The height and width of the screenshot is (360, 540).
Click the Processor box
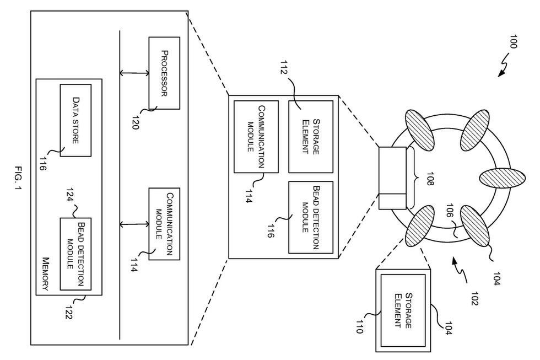[x=164, y=72]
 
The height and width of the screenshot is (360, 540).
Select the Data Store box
[x=75, y=120]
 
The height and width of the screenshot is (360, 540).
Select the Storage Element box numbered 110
[x=403, y=310]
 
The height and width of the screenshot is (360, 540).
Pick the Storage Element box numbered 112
[x=311, y=136]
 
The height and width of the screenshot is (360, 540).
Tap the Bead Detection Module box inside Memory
[x=75, y=253]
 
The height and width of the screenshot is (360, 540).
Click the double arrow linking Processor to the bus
[x=135, y=72]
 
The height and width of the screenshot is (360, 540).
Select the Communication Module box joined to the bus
[x=164, y=223]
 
